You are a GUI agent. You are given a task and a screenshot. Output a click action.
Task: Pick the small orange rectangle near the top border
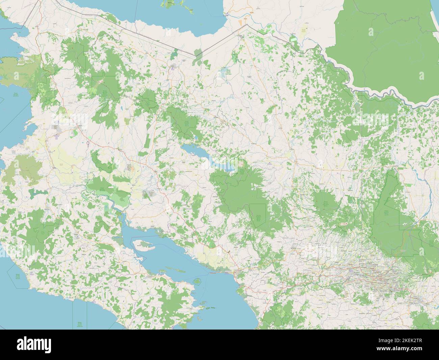pos(240,22)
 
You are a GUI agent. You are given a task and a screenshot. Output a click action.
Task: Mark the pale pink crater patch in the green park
pos(344,224)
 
